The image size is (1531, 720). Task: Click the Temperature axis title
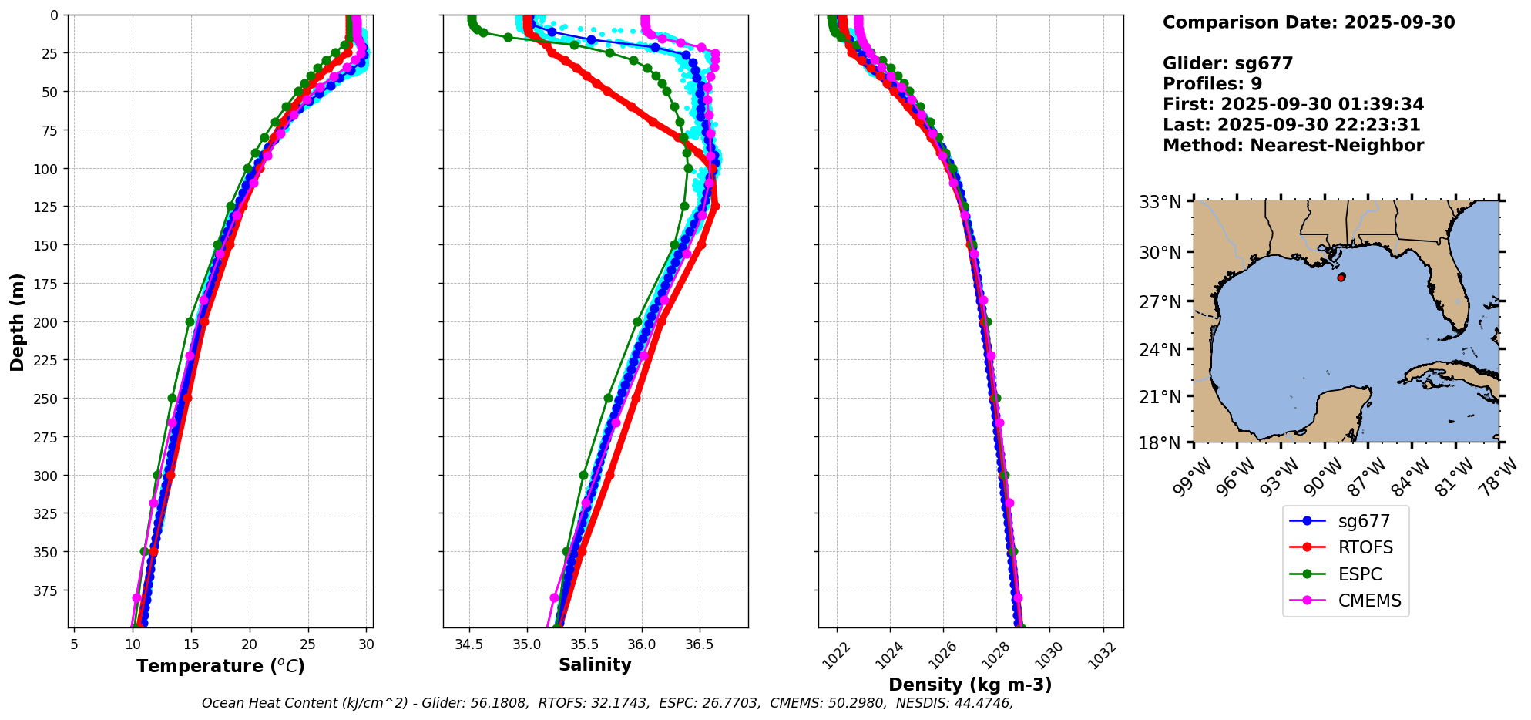(220, 666)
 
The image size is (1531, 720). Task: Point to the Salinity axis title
(595, 664)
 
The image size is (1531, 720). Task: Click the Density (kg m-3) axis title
(970, 685)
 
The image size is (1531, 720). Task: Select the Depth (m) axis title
(17, 321)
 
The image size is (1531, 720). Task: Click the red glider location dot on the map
(1341, 277)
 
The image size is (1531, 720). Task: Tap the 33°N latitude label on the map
(1160, 202)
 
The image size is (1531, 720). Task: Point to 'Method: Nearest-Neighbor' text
(1293, 146)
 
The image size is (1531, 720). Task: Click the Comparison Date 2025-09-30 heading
(1308, 22)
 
